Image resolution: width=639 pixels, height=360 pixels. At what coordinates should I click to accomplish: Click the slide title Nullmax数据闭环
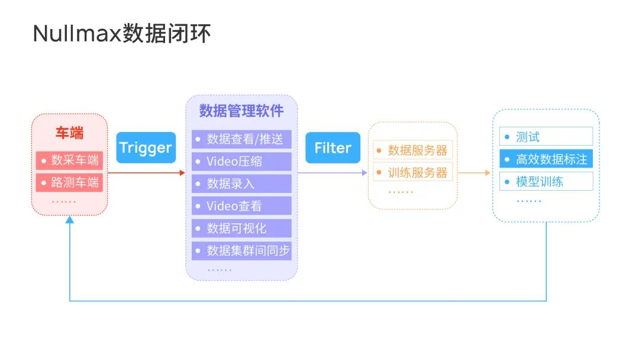(x=122, y=33)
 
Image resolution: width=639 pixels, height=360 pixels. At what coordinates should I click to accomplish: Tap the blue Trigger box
(x=146, y=147)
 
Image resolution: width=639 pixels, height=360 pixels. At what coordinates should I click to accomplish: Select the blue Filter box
(x=333, y=147)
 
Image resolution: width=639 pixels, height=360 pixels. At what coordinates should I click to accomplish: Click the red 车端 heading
(x=70, y=133)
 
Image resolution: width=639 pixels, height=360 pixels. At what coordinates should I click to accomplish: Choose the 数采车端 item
(x=69, y=160)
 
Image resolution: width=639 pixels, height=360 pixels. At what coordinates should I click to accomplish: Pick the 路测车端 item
(x=69, y=182)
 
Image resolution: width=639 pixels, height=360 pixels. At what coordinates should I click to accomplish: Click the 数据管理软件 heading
(x=241, y=111)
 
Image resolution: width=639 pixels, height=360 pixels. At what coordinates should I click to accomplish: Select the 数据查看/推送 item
(x=241, y=139)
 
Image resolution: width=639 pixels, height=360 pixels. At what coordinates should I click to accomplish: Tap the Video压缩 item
(x=241, y=162)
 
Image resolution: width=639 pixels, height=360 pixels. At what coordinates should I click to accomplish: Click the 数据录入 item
(x=241, y=184)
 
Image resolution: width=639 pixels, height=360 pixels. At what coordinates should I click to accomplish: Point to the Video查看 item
(x=241, y=206)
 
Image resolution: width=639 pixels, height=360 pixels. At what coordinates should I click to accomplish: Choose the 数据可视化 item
(x=241, y=229)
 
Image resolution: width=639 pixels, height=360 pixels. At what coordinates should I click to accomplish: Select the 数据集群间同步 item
(x=241, y=250)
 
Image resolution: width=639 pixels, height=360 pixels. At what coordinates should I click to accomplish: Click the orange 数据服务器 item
(x=413, y=150)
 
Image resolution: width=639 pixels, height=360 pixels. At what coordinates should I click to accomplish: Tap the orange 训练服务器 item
(x=413, y=172)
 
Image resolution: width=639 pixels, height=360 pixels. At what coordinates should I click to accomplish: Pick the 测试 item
(x=546, y=137)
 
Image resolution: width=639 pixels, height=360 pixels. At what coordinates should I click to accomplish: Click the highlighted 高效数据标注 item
(x=546, y=159)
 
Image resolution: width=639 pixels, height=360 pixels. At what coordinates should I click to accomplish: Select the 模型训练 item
(x=546, y=181)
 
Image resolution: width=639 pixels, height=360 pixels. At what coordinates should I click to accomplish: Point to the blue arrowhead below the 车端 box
(x=70, y=220)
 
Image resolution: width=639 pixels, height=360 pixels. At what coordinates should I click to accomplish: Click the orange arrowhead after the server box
(x=488, y=173)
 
